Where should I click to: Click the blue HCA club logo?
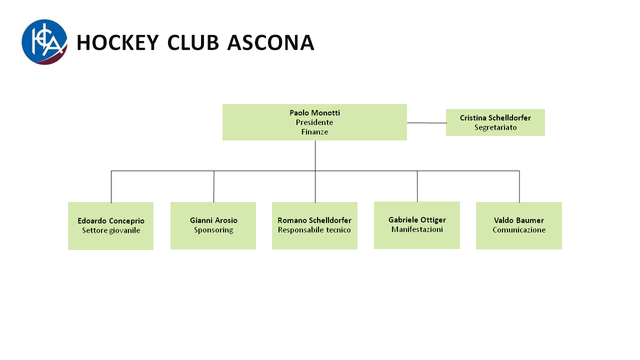pos(44,42)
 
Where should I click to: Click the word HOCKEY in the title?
pos(117,43)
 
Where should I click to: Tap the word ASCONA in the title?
pos(271,43)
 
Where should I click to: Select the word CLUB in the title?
pos(193,43)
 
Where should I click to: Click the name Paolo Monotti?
pos(314,113)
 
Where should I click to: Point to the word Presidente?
pos(314,122)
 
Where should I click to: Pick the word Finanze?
pos(314,131)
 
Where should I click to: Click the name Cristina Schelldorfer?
pos(495,117)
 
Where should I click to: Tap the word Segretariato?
pos(495,127)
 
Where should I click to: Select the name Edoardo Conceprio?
pos(111,221)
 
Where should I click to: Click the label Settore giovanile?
pos(111,230)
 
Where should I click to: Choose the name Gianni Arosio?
pos(213,220)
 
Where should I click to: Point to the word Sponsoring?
pos(213,230)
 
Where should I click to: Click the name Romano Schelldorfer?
pos(314,220)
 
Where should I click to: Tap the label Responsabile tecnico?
pos(314,229)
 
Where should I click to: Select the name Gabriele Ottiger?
pos(417,220)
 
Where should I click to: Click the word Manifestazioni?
pos(417,229)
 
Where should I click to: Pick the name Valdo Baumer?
pos(519,220)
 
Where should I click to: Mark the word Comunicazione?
pos(519,229)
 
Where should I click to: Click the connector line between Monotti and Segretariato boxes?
pos(426,123)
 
